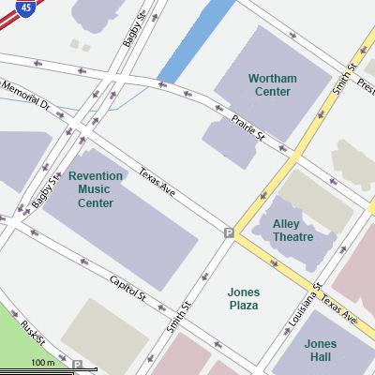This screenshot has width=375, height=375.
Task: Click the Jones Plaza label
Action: (244, 299)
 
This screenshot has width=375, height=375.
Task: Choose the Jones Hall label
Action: (321, 351)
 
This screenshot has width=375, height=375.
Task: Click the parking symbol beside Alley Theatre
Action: (229, 232)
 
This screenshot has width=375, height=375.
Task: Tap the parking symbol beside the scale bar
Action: (79, 365)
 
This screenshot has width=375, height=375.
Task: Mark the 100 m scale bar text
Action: (42, 362)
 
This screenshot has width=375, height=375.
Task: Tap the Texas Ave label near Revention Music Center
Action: (157, 182)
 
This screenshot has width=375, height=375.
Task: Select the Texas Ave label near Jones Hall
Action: (338, 310)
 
